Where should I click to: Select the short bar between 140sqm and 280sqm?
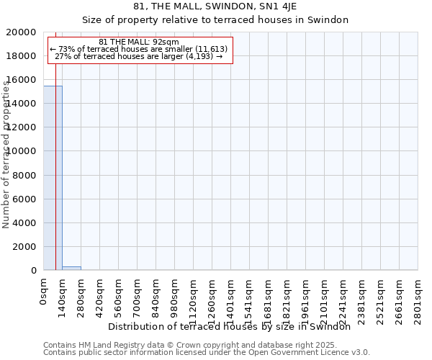tap(71, 268)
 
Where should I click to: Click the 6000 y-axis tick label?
tap(24, 199)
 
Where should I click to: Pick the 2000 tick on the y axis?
tap(24, 247)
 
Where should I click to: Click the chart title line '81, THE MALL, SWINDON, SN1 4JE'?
tap(215, 6)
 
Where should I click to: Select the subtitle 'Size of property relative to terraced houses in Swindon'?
tap(215, 20)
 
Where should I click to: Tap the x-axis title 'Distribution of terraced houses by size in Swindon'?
tap(234, 327)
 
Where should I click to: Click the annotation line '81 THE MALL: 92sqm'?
tap(139, 42)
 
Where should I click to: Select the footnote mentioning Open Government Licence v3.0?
tap(207, 353)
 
